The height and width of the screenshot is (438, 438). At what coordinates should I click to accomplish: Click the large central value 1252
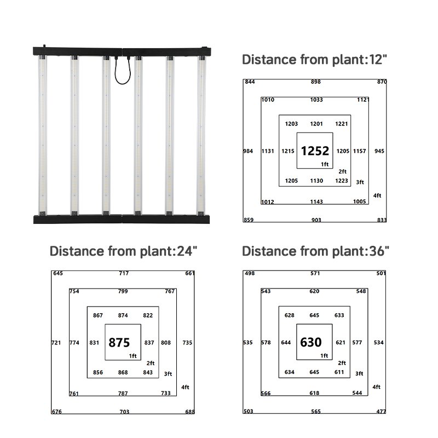pos(315,151)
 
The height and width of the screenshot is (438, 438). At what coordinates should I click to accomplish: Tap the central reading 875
pos(119,343)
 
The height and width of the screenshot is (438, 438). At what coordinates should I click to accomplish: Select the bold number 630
pos(310,342)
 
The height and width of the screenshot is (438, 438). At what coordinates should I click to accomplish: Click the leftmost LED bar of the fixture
pos(43,135)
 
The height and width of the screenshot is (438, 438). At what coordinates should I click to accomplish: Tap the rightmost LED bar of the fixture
pos(201,135)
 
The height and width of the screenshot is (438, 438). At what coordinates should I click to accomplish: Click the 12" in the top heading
pos(378,60)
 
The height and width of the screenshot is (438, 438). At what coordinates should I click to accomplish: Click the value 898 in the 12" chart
pos(316,82)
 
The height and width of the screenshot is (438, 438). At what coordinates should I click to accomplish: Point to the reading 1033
pos(316,100)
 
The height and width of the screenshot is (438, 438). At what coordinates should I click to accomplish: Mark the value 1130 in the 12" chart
pos(316,181)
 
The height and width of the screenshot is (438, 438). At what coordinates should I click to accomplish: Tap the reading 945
pos(379,151)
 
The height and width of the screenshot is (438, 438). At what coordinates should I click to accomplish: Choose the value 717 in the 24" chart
pos(124,273)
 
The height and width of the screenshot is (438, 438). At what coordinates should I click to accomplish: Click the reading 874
pos(123,315)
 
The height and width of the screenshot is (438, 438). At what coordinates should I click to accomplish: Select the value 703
pos(124,412)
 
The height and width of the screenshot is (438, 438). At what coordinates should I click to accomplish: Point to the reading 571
pos(315,273)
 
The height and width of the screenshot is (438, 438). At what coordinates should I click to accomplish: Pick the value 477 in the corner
pos(381,411)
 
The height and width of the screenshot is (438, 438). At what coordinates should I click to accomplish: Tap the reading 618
pos(314,393)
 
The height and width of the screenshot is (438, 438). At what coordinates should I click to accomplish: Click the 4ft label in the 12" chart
pos(377,195)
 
